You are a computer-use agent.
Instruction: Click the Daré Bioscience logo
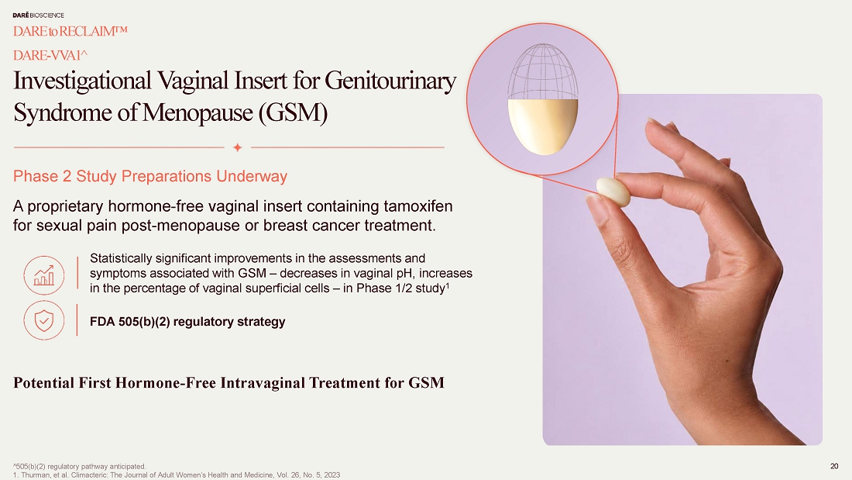(x=38, y=16)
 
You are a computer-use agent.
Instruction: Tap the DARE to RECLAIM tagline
(x=70, y=32)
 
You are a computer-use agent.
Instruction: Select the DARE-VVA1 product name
(x=50, y=56)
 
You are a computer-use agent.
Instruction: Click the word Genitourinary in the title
(x=390, y=81)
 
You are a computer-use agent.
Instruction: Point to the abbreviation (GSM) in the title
(x=293, y=112)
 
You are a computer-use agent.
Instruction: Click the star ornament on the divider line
(x=238, y=147)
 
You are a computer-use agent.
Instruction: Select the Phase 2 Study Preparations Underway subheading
(x=150, y=176)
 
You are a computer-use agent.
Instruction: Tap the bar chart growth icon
(x=44, y=275)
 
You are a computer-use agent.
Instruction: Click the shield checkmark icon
(x=44, y=320)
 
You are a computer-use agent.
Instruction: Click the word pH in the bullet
(x=406, y=273)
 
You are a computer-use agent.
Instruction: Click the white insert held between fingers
(x=613, y=192)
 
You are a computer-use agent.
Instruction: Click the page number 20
(x=834, y=466)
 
